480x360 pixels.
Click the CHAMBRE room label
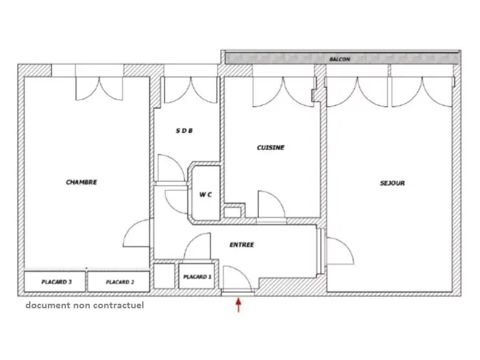pyautogui.click(x=81, y=182)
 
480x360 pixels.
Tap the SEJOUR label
pyautogui.click(x=392, y=183)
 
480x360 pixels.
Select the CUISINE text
pyautogui.click(x=271, y=147)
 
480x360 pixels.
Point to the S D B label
pyautogui.click(x=184, y=131)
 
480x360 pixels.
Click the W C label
pyautogui.click(x=205, y=195)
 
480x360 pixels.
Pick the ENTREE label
pyautogui.click(x=242, y=245)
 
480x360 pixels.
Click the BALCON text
pyautogui.click(x=340, y=59)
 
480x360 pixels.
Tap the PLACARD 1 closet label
pyautogui.click(x=197, y=277)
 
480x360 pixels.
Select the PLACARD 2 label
pyautogui.click(x=120, y=282)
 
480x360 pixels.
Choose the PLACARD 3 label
pyautogui.click(x=56, y=282)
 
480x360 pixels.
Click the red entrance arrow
pyautogui.click(x=238, y=305)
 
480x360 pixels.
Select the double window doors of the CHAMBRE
pyautogui.click(x=99, y=89)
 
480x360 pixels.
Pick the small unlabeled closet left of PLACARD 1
pyautogui.click(x=164, y=276)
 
